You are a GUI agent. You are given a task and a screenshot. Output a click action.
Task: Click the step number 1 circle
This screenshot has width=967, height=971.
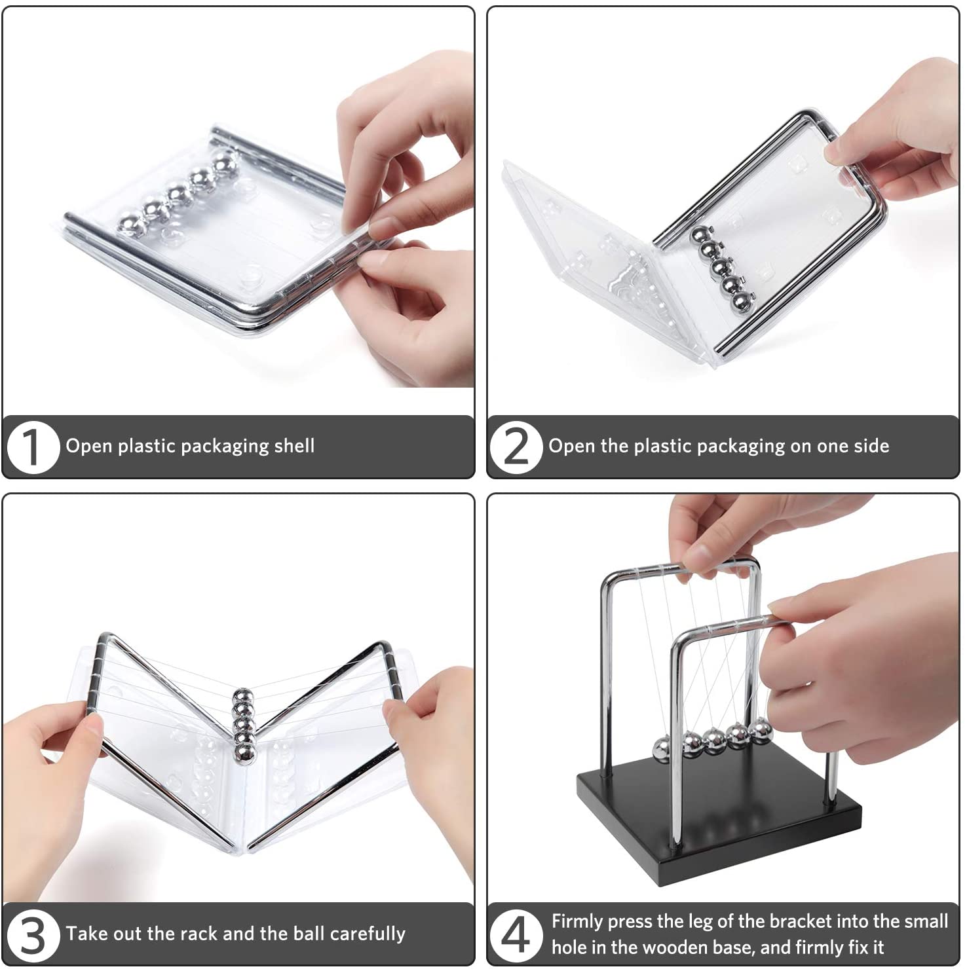click(33, 447)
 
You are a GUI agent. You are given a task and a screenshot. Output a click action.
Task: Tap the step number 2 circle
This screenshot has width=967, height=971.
click(516, 447)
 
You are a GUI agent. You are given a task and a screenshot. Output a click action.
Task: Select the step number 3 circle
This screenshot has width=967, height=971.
click(33, 934)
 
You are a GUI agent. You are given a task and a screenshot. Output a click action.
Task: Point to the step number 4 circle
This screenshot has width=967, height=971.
click(516, 934)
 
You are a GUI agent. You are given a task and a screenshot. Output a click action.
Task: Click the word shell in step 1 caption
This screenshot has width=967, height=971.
click(294, 446)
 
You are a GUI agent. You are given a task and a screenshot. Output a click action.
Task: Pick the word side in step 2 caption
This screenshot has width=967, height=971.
click(866, 446)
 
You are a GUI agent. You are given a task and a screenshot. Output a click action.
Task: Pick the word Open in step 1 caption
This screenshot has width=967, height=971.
click(89, 447)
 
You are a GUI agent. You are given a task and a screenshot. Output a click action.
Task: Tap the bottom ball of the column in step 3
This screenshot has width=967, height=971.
click(244, 754)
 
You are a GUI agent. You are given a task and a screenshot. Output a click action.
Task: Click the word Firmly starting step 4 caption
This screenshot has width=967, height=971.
click(577, 922)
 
